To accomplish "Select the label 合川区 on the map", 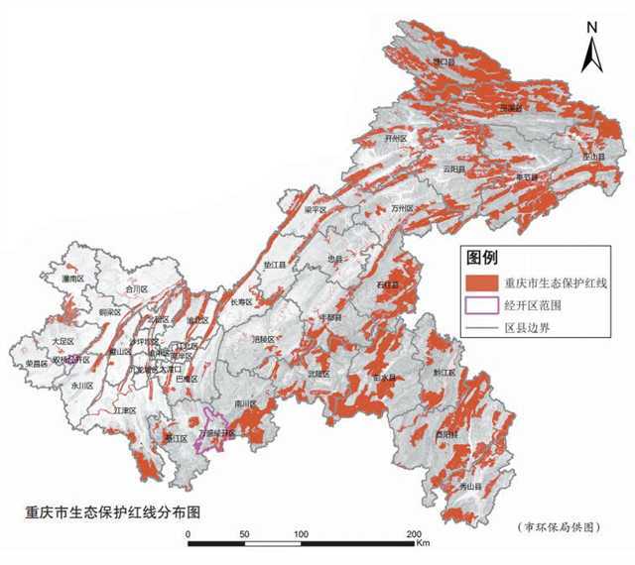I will click(136, 289).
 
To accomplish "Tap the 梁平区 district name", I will click(315, 210).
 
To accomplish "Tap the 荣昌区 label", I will click(37, 364).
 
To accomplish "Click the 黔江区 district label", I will click(444, 373).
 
